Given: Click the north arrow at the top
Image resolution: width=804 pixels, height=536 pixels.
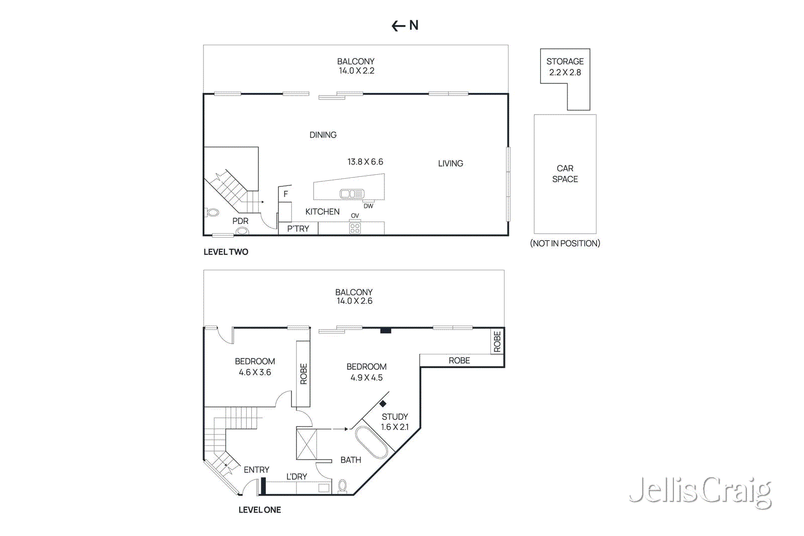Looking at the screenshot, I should click(405, 26).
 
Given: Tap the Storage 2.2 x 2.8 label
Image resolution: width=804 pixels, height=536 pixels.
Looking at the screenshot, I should click(565, 67).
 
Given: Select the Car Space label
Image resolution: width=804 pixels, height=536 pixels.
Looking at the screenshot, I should click(565, 174).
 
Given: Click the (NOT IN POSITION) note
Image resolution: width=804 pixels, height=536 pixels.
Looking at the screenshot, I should click(565, 244).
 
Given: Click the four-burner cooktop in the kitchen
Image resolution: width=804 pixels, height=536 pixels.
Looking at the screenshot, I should click(355, 229).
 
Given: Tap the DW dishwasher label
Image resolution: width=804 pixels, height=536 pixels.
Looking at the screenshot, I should click(368, 206).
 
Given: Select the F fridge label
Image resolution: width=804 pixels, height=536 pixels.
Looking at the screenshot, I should click(285, 194).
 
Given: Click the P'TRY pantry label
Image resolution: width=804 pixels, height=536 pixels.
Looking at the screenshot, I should click(298, 229).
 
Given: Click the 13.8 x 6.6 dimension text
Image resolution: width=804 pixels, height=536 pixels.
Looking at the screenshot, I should click(365, 162).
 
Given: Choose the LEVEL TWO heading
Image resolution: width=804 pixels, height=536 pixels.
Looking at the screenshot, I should click(226, 252).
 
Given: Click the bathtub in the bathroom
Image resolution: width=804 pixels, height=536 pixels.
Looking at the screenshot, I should click(371, 443).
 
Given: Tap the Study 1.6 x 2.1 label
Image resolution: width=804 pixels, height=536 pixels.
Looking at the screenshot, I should click(395, 422).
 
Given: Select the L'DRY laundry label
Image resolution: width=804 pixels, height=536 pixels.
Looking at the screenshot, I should click(296, 477).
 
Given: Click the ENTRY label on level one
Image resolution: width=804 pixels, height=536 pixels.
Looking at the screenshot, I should click(256, 470).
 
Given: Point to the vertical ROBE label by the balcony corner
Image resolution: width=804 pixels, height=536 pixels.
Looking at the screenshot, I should click(497, 341).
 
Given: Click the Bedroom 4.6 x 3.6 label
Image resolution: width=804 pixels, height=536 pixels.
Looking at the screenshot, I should click(255, 367).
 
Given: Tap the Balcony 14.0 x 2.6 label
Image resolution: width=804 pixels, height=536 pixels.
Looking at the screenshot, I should click(354, 296).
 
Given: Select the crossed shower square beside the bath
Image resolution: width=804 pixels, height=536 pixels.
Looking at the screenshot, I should click(307, 444).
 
